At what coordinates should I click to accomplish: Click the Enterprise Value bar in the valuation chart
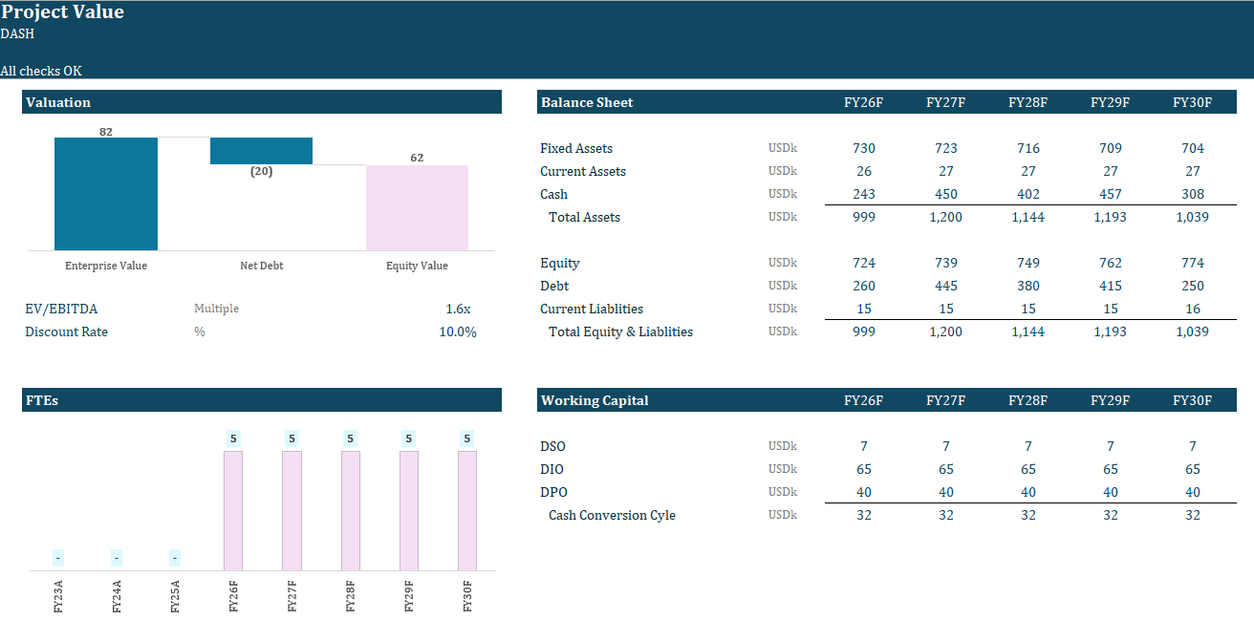[x=105, y=194]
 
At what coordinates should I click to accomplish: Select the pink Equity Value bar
[x=417, y=207]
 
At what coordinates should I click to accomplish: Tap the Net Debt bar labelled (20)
[x=261, y=151]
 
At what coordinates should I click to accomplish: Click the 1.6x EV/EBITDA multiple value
[x=458, y=309]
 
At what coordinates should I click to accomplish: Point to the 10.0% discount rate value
[x=458, y=331]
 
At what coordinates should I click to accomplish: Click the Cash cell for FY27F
[x=945, y=194]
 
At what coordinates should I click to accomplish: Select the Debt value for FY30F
[x=1192, y=286]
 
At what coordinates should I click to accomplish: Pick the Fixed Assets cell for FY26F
[x=863, y=148]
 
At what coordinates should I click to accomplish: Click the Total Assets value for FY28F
[x=1027, y=217]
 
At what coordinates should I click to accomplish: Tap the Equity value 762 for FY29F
[x=1110, y=263]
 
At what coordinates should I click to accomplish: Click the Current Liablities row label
[x=592, y=309]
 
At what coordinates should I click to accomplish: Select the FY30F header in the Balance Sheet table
[x=1192, y=102]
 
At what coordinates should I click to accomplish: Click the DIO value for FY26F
[x=863, y=469]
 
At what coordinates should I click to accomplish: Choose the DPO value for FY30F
[x=1192, y=492]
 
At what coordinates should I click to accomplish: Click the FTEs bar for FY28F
[x=350, y=510]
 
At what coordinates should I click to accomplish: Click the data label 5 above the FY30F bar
[x=466, y=438]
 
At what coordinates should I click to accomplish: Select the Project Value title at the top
[x=63, y=12]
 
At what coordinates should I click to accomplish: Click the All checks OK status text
[x=41, y=71]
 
